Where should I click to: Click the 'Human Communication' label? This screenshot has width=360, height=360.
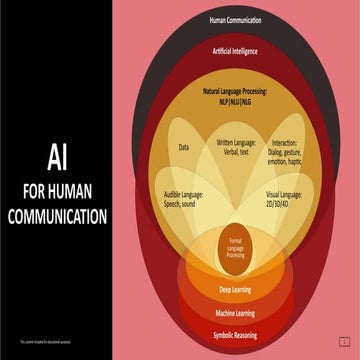click(235, 19)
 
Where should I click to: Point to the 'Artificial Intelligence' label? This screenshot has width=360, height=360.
click(235, 49)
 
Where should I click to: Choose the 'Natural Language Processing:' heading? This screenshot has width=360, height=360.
click(235, 91)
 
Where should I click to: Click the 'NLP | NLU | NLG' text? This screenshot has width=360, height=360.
click(235, 102)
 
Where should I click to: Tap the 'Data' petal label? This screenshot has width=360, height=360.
click(183, 147)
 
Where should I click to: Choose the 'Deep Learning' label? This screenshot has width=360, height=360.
click(235, 289)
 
